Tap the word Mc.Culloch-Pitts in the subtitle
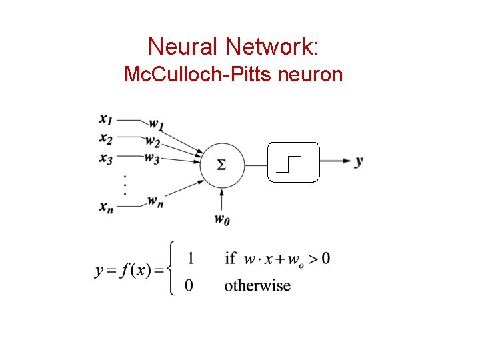tap(197, 74)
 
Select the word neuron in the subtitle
tap(309, 74)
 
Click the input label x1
tap(106, 120)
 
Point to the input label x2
tap(106, 138)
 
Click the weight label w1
tap(156, 124)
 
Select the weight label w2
tap(153, 142)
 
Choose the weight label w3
tap(153, 159)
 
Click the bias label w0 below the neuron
tap(223, 219)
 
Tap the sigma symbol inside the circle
tap(221, 164)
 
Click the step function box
tap(293, 162)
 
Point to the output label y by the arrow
tap(359, 161)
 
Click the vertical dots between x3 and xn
tap(124, 183)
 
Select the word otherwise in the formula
tap(257, 286)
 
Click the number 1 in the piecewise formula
tap(191, 257)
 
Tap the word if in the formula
tap(231, 258)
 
